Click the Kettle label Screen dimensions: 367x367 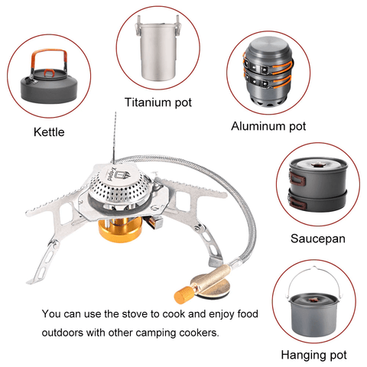point(49,132)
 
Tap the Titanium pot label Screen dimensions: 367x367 point(158,102)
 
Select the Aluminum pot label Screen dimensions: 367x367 point(268,126)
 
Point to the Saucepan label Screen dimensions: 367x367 point(318,239)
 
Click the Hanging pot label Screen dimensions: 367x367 point(313,355)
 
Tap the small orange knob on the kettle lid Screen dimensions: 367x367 point(49,73)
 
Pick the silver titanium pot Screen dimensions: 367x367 point(158,48)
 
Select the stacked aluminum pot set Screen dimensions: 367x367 point(268,73)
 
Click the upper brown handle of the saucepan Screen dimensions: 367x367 point(297,178)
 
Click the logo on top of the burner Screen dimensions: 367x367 point(120,174)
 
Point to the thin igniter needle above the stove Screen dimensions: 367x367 point(114,137)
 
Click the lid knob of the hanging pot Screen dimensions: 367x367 point(313,300)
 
